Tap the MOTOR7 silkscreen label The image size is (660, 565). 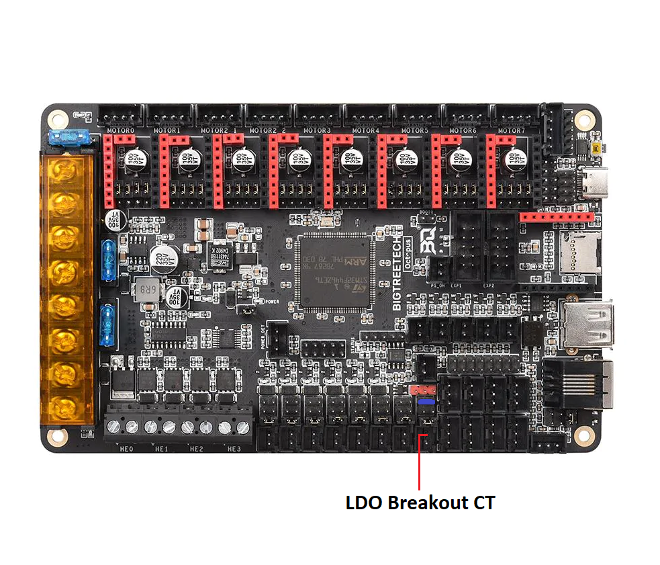click(511, 130)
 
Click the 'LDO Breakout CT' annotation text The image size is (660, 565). click(420, 503)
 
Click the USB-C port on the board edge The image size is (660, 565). click(593, 181)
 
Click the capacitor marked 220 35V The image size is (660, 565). click(163, 259)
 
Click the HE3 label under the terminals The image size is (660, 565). click(233, 449)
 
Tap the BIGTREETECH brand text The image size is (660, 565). click(397, 273)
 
